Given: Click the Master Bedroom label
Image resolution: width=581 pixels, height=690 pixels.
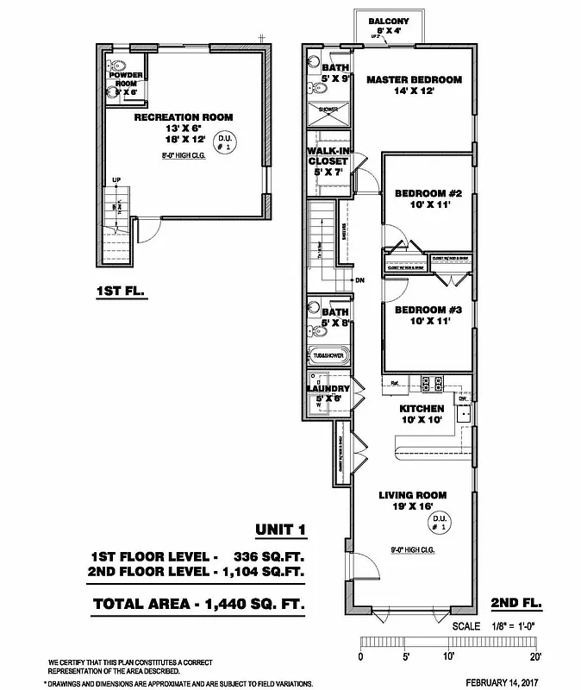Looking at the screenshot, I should [x=414, y=80].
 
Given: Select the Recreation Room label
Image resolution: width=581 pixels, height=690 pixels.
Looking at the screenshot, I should [x=184, y=117].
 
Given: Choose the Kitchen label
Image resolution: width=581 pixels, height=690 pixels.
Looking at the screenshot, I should [x=422, y=408].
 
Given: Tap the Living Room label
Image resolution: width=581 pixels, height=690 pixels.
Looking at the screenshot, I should [x=413, y=495].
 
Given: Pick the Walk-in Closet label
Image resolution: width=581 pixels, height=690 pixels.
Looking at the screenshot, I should [x=328, y=155].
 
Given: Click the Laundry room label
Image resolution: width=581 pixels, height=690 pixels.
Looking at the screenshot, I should [x=328, y=389].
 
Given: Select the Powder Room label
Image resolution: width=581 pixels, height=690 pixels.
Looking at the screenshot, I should [x=125, y=78].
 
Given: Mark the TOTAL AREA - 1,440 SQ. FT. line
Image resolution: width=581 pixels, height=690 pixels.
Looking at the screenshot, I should [x=199, y=603].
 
